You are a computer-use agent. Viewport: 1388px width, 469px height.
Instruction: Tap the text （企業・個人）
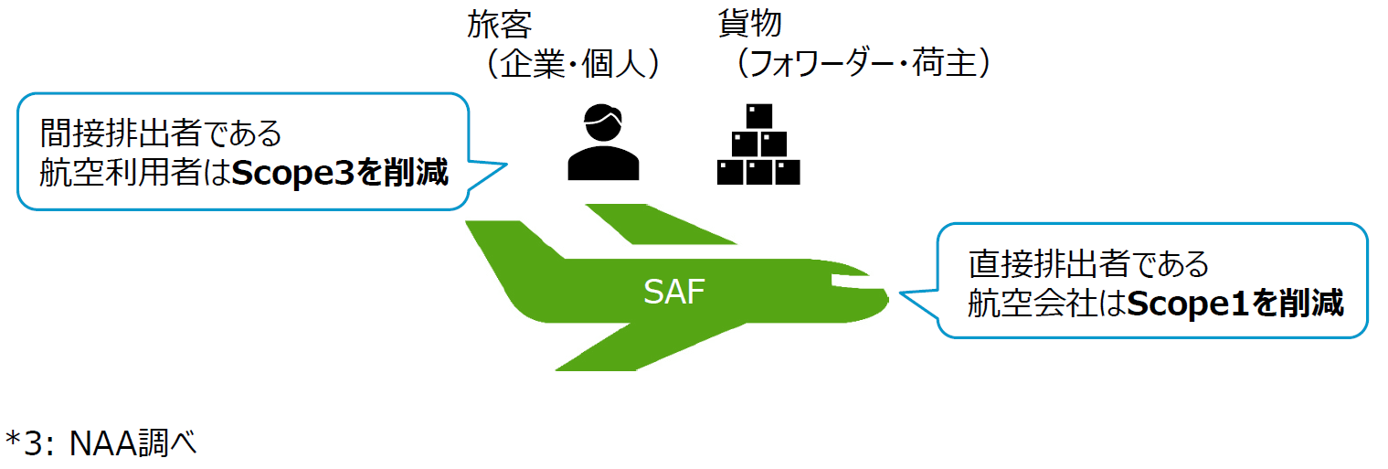(573, 64)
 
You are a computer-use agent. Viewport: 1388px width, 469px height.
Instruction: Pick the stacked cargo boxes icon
(758, 145)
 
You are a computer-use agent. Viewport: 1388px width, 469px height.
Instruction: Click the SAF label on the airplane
(674, 293)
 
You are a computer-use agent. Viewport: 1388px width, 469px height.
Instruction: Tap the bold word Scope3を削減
(340, 173)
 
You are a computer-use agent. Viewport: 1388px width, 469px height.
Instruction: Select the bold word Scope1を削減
(1235, 303)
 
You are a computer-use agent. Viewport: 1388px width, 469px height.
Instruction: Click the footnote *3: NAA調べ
(101, 443)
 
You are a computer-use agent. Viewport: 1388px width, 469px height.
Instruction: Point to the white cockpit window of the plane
(845, 278)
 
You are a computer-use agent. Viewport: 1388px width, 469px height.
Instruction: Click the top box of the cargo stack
(758, 116)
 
